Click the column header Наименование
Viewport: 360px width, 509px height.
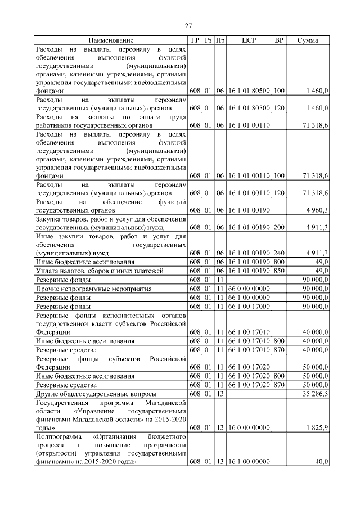point(111,40)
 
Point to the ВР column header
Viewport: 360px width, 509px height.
point(278,40)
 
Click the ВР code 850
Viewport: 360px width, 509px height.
point(279,271)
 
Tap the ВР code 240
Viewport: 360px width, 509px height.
point(279,253)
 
